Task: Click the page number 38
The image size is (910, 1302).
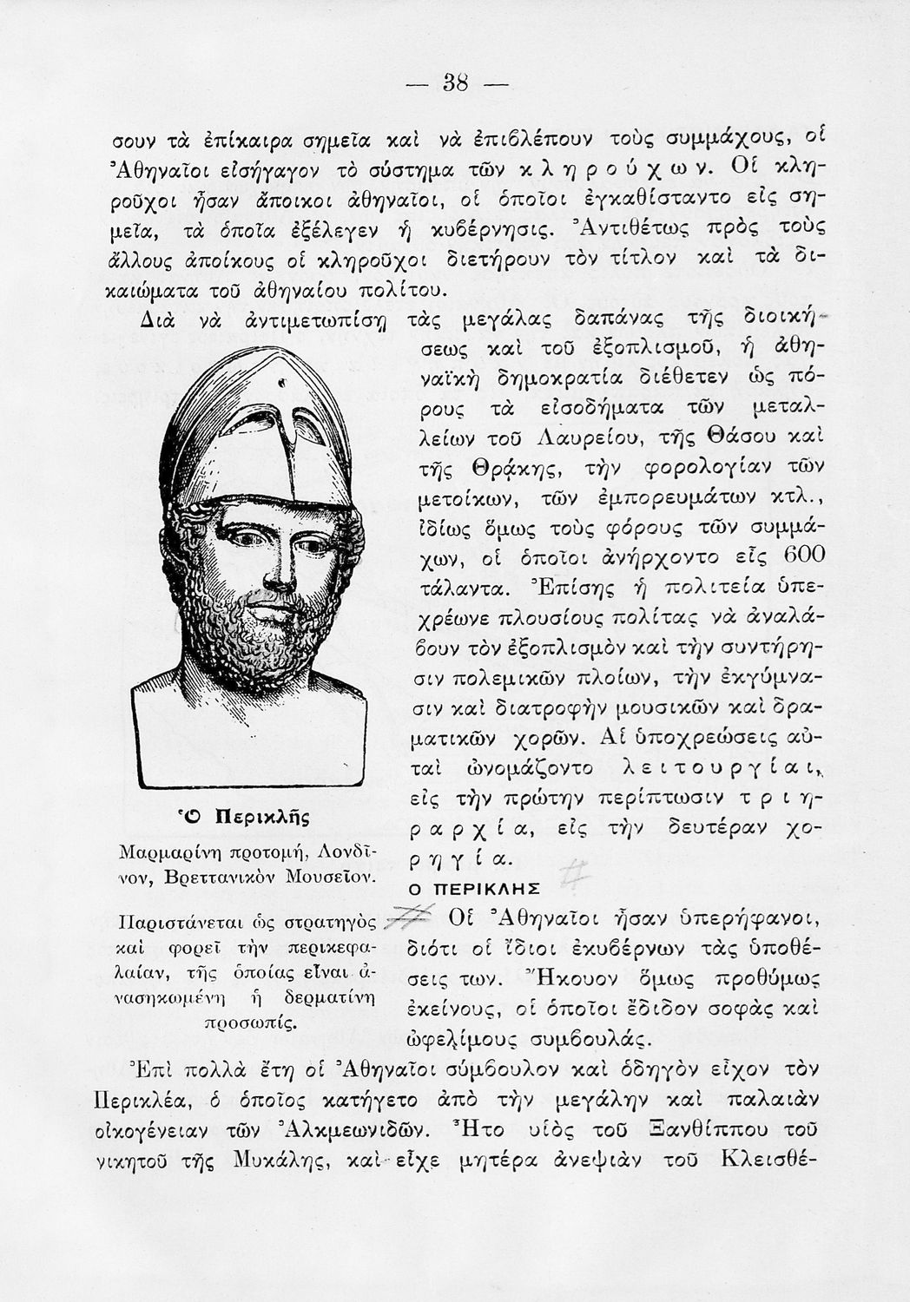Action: click(455, 83)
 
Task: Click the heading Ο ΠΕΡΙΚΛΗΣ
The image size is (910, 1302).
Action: click(474, 890)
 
